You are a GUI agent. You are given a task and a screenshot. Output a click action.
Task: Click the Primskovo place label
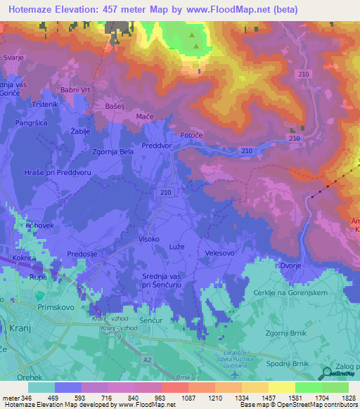(x=63, y=306)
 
